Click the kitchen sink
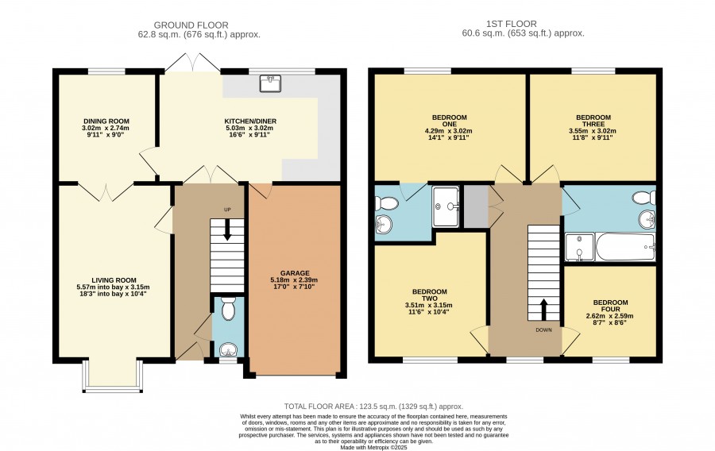click(270, 83)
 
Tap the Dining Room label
click(106, 121)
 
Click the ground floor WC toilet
click(228, 308)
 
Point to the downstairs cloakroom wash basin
click(228, 350)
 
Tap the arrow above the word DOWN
click(543, 310)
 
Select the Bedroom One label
click(449, 121)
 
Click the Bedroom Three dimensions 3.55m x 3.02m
click(593, 131)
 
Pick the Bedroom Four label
click(610, 306)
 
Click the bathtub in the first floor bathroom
click(626, 248)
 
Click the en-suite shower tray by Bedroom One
click(446, 206)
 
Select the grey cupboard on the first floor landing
click(476, 206)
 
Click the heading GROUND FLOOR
click(191, 25)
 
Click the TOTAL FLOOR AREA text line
click(373, 407)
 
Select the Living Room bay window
click(113, 376)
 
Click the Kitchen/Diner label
click(250, 121)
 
